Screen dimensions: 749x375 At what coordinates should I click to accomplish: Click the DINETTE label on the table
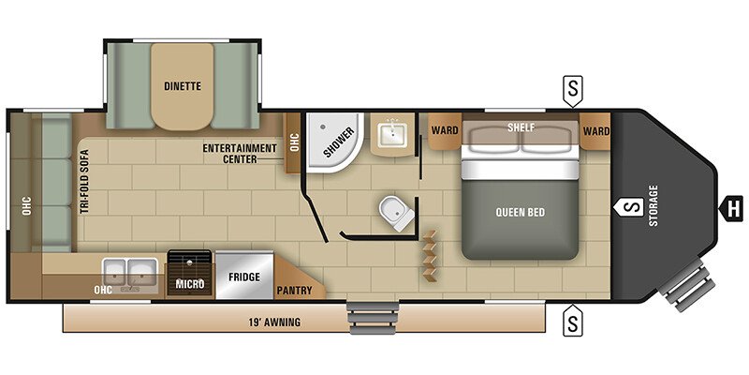tap(183, 86)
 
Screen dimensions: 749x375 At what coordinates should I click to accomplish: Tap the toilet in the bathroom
tap(396, 214)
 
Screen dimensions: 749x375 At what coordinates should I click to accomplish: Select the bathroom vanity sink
tap(392, 135)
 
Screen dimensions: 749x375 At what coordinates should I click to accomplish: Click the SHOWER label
tap(339, 142)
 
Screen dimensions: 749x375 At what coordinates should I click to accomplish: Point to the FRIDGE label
tap(244, 277)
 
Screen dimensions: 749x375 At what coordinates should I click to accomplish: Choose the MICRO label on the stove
tap(190, 284)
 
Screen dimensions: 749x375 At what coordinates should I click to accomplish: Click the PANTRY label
tap(294, 291)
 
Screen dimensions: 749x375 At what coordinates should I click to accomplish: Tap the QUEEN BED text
tap(521, 213)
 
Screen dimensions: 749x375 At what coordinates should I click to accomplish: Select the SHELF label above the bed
tap(521, 127)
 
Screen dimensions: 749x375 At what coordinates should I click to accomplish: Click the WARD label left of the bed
tap(445, 130)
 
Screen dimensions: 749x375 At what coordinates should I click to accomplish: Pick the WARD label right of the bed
tap(596, 131)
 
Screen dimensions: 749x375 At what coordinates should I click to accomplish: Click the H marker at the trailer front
tap(731, 209)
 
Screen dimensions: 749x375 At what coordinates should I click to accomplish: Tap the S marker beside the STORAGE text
tap(629, 207)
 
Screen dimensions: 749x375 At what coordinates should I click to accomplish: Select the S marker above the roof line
tap(573, 91)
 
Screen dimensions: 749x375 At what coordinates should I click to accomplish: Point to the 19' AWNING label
tap(275, 322)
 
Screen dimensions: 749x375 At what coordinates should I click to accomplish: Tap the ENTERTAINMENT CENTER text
tap(240, 154)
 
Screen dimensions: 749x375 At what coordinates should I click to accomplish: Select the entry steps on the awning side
tap(374, 318)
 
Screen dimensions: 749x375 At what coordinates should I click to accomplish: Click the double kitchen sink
tap(130, 273)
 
